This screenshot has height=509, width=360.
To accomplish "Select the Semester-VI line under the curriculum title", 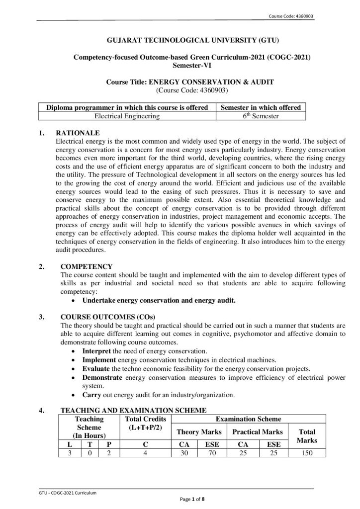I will [180, 65].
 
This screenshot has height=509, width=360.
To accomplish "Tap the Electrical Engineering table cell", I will [127, 116].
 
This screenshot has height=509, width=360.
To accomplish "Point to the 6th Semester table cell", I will [261, 116].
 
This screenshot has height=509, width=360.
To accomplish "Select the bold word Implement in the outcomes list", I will [99, 359].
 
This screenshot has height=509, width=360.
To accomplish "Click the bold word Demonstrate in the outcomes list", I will [102, 377].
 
